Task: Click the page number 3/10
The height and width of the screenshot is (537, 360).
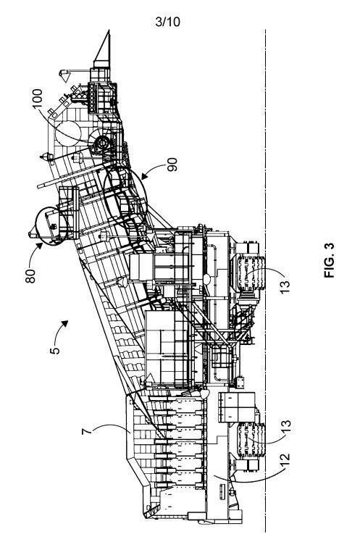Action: (x=167, y=22)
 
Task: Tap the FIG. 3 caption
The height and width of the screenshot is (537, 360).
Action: (x=329, y=260)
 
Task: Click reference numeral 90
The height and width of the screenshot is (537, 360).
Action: (x=172, y=165)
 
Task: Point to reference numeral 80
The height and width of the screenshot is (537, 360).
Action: (x=30, y=276)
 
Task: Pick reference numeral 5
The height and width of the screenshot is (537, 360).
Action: (x=54, y=351)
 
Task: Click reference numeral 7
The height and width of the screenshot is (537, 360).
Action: (x=87, y=430)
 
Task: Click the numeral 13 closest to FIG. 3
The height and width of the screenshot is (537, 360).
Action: (x=285, y=286)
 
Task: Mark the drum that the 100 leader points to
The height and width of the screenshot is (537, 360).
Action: (x=103, y=143)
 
